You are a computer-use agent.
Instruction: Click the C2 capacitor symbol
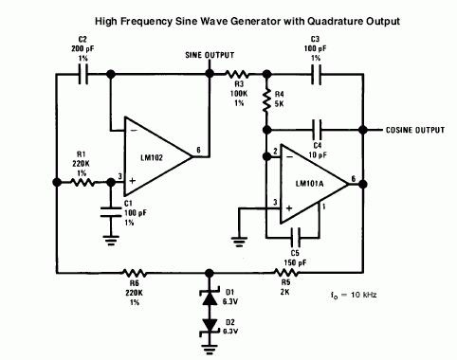pyautogui.click(x=83, y=75)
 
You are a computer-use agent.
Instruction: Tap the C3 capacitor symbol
pyautogui.click(x=317, y=75)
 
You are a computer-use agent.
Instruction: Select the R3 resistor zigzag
pyautogui.click(x=237, y=75)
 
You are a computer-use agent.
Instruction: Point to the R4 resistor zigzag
pyautogui.click(x=267, y=101)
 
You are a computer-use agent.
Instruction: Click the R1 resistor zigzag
pyautogui.click(x=82, y=182)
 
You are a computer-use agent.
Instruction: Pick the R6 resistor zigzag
pyautogui.click(x=135, y=273)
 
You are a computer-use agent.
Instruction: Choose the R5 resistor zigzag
pyautogui.click(x=286, y=273)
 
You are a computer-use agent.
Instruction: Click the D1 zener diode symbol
pyautogui.click(x=210, y=297)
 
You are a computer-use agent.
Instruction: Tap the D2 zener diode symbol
pyautogui.click(x=210, y=327)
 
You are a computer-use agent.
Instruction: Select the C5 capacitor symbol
pyautogui.click(x=296, y=238)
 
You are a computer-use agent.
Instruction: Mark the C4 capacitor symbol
pyautogui.click(x=317, y=130)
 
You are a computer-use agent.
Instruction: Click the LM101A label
pyautogui.click(x=310, y=184)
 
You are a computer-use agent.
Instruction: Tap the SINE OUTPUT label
pyautogui.click(x=210, y=55)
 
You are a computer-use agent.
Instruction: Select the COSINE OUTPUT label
pyautogui.click(x=415, y=130)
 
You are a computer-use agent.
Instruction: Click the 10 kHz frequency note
pyautogui.click(x=354, y=295)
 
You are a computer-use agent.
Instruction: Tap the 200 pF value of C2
pyautogui.click(x=82, y=49)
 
